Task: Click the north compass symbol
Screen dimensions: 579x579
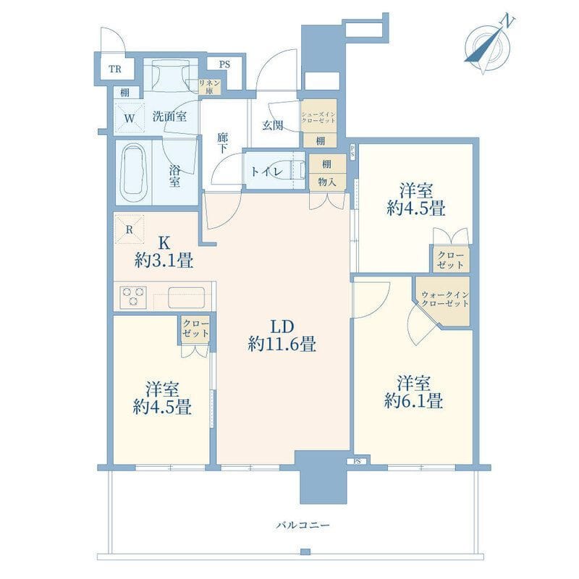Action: [x=487, y=45]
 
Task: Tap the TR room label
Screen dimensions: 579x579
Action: [x=115, y=69]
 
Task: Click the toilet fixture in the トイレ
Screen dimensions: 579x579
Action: [x=297, y=172]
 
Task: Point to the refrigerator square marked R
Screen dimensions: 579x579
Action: [x=130, y=229]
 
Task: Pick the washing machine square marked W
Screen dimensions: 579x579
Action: [x=129, y=118]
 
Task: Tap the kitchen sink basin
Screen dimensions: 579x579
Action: [x=187, y=297]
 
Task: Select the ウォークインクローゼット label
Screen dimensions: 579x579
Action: [x=445, y=299]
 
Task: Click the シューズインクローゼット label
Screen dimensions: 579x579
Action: [x=318, y=117]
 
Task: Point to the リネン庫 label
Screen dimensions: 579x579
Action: [x=209, y=87]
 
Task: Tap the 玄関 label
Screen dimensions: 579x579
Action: [x=273, y=125]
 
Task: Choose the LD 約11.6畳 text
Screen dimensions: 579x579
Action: [x=282, y=336]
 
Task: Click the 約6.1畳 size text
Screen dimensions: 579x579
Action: [x=413, y=401]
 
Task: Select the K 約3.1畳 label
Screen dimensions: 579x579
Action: [x=164, y=252]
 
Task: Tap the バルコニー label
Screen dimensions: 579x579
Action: [x=303, y=525]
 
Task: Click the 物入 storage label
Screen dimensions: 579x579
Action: [x=327, y=182]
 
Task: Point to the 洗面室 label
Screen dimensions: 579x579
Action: [x=169, y=117]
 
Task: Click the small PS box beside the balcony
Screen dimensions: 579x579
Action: [x=357, y=462]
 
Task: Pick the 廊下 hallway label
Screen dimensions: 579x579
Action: [x=222, y=143]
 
